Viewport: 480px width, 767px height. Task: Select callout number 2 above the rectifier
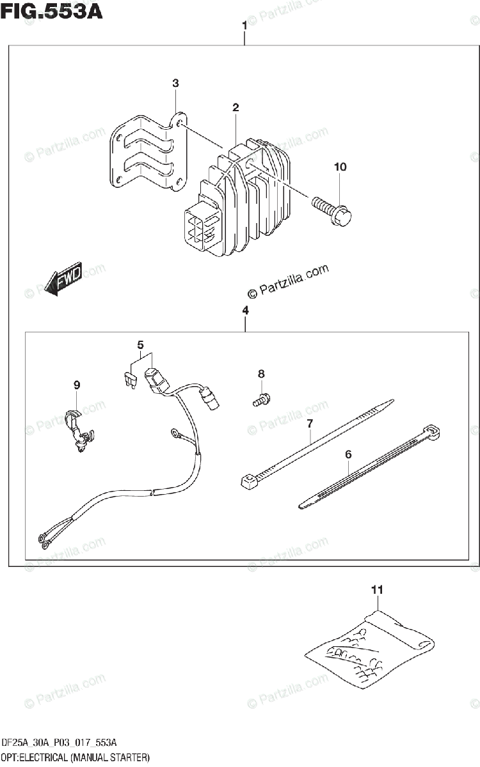click(236, 107)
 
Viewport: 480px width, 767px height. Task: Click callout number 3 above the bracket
click(175, 84)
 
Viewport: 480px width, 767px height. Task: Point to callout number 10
click(339, 167)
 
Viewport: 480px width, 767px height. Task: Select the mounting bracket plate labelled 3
click(146, 153)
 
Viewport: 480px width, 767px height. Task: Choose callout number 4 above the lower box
click(245, 311)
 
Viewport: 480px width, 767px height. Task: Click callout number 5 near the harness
click(140, 346)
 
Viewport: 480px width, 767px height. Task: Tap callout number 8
click(261, 374)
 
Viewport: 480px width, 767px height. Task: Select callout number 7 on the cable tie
click(309, 423)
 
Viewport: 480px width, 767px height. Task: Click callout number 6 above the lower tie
click(348, 455)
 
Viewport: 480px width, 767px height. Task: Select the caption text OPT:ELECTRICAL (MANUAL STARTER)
click(76, 757)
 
